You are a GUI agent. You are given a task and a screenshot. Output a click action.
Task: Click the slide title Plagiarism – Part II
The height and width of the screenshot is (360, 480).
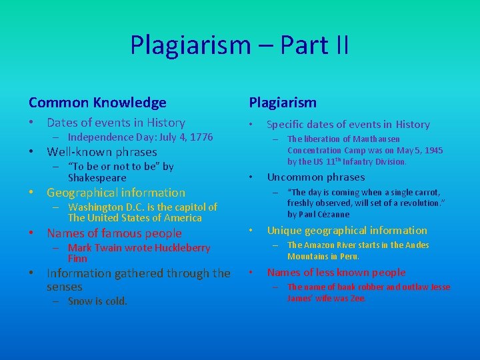coord(239,45)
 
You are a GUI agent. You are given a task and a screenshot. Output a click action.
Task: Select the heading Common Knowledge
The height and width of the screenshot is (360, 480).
coord(97,103)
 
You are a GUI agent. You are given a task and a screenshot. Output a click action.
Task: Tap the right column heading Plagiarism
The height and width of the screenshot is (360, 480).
coord(283,103)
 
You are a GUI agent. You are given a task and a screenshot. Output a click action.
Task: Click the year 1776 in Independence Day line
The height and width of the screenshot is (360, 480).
coord(201,137)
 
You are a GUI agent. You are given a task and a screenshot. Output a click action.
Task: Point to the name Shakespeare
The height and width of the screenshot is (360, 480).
coord(97,178)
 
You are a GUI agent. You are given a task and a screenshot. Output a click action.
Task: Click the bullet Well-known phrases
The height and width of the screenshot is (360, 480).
coord(101,152)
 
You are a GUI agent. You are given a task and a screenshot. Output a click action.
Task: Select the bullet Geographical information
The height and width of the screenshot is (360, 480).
coord(115,193)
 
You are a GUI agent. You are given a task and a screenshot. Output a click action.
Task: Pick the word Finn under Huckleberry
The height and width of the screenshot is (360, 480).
coord(77,258)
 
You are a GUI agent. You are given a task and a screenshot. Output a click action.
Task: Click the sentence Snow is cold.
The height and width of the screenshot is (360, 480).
coord(97,301)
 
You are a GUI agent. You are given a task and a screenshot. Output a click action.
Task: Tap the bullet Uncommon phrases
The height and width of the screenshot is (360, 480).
coord(315,177)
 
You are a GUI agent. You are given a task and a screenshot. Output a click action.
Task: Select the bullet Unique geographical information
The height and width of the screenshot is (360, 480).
coord(347,231)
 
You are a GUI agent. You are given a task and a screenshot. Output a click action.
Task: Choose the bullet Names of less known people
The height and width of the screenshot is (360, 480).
coord(336,272)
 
